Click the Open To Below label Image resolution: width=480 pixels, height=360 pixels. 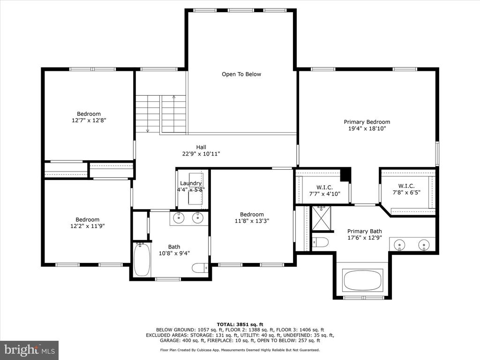(x=241, y=74)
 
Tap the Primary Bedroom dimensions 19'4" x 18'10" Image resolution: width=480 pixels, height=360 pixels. (x=367, y=128)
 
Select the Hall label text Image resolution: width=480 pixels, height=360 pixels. (x=201, y=147)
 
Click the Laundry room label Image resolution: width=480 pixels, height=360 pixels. (x=191, y=183)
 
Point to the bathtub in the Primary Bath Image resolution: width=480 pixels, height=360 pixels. (x=362, y=280)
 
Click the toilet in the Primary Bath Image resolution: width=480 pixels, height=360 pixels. (x=320, y=242)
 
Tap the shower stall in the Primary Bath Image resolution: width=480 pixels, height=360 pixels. (x=322, y=218)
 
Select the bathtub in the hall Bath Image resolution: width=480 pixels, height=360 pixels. (x=142, y=259)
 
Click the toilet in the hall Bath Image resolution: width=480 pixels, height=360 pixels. (x=200, y=268)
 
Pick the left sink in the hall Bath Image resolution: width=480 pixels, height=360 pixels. (x=178, y=218)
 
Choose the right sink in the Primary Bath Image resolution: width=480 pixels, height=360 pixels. (x=424, y=244)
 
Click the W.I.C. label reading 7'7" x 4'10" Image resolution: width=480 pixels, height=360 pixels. (x=324, y=190)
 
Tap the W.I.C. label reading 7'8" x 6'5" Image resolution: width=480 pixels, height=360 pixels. (x=406, y=189)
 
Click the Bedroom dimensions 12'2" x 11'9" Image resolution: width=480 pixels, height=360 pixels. (x=88, y=226)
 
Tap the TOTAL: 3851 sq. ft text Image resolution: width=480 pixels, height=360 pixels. (x=240, y=324)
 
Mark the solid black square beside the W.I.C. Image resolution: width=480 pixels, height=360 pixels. (x=345, y=174)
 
